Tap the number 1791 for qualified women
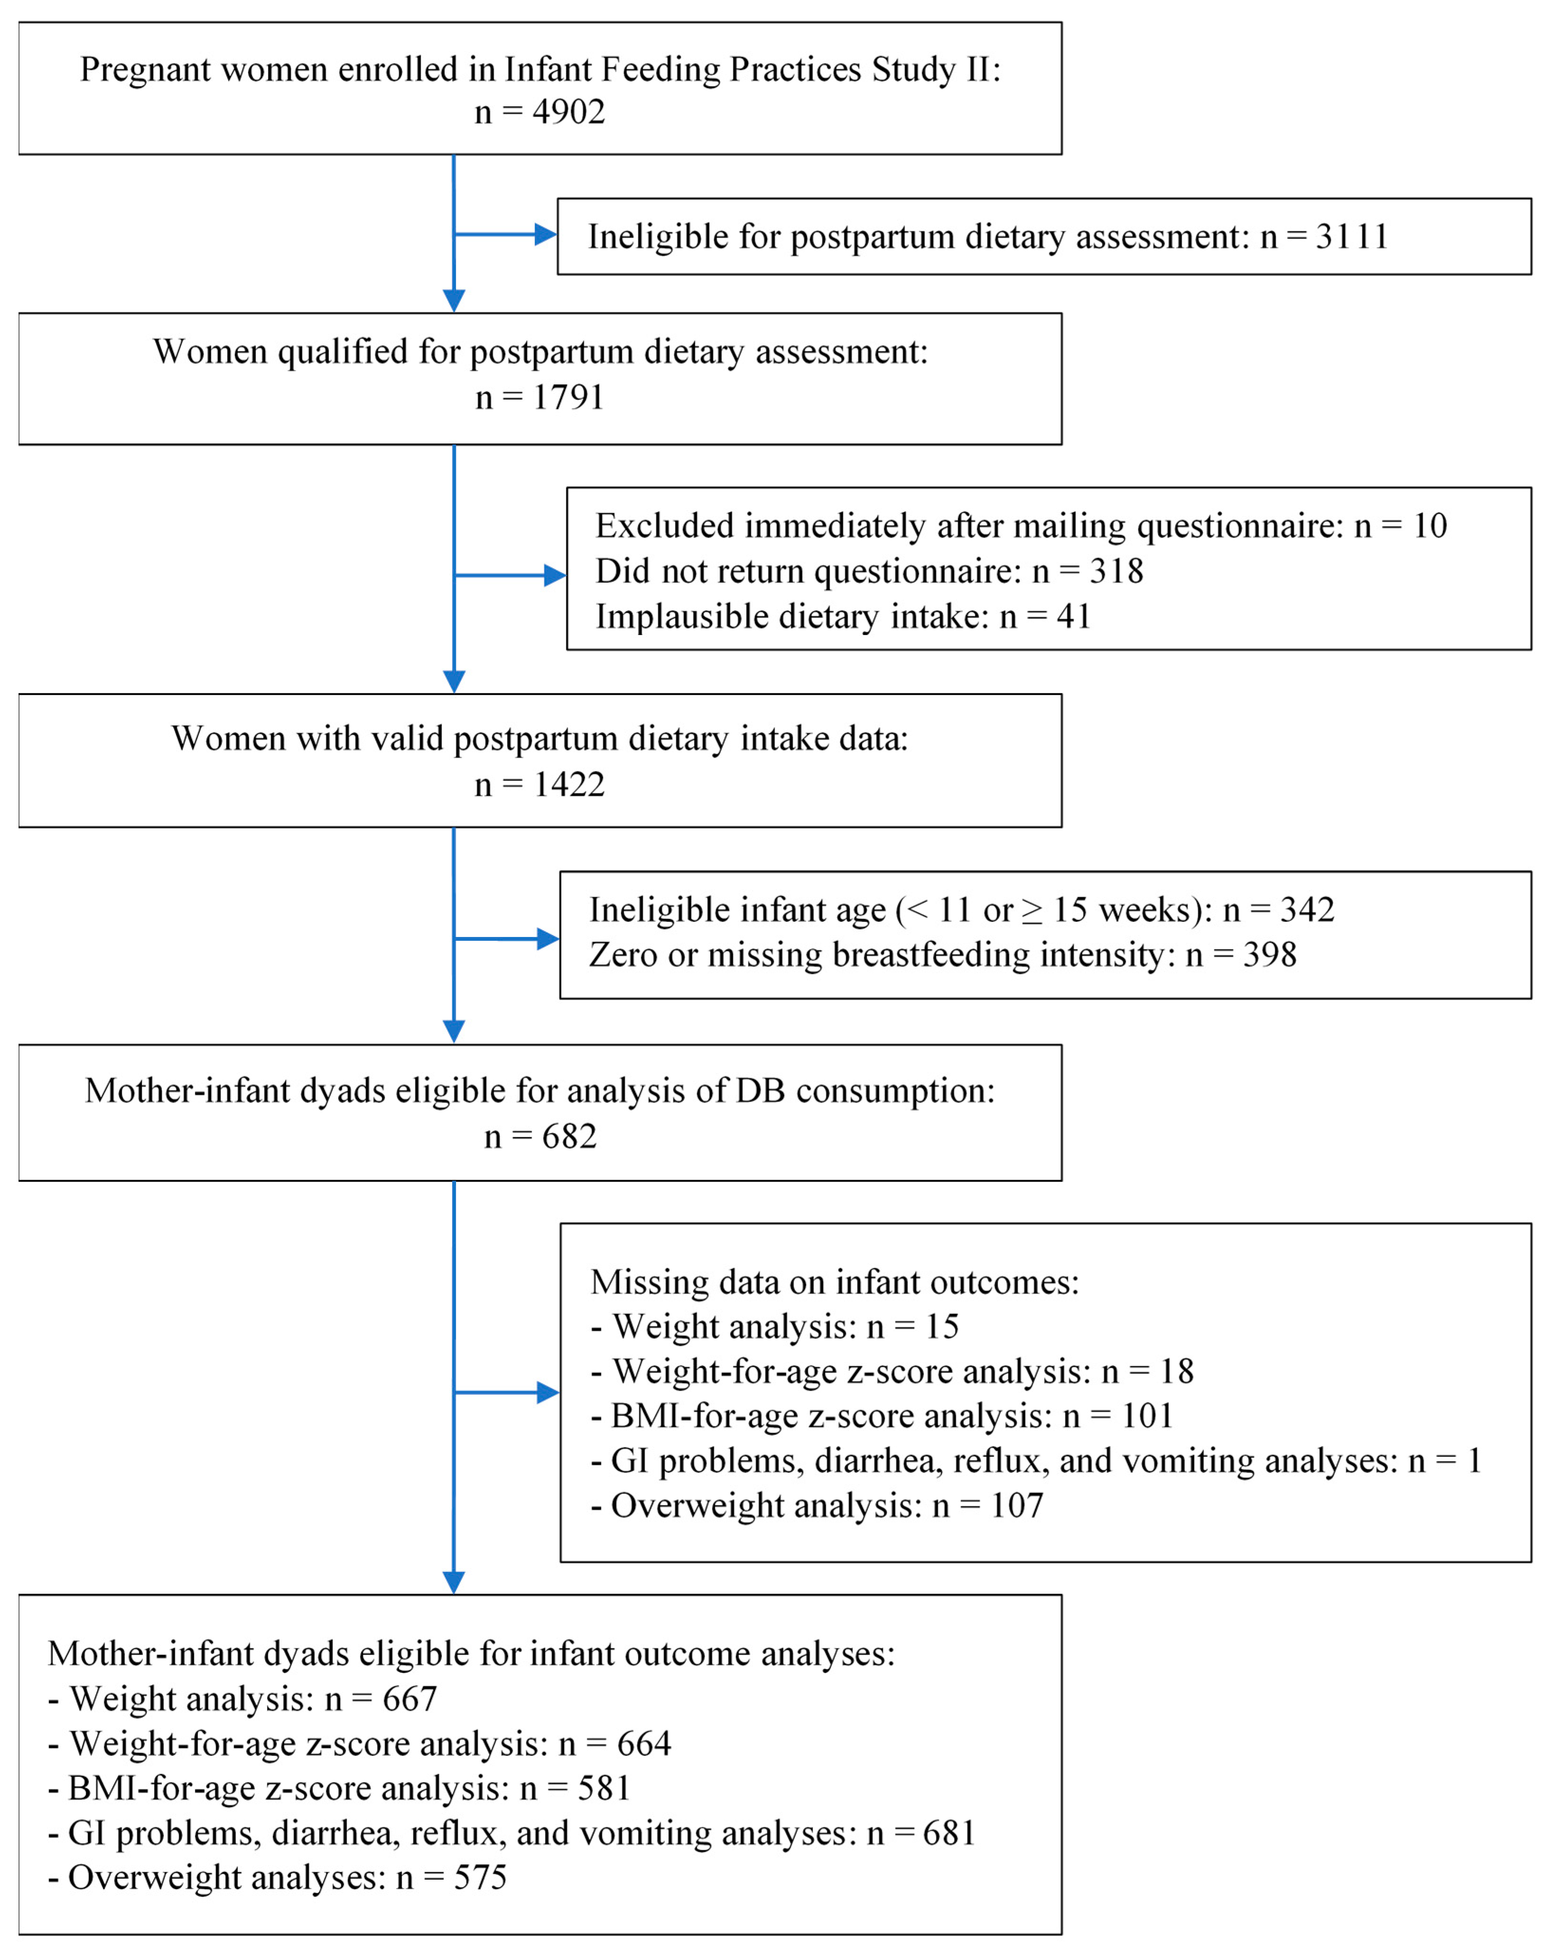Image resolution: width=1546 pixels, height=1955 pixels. coord(568,397)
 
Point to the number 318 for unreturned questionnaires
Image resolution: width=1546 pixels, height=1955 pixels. coord(1116,571)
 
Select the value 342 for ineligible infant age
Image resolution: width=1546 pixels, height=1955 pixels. coord(1307,909)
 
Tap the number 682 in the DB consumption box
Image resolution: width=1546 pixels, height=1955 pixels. coord(569,1136)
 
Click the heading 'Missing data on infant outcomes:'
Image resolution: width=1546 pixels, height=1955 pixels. coord(834,1282)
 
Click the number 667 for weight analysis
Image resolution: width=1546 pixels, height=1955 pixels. coord(410,1699)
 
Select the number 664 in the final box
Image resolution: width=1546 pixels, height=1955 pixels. coord(644,1744)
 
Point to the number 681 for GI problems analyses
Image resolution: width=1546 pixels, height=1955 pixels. coord(949,1833)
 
